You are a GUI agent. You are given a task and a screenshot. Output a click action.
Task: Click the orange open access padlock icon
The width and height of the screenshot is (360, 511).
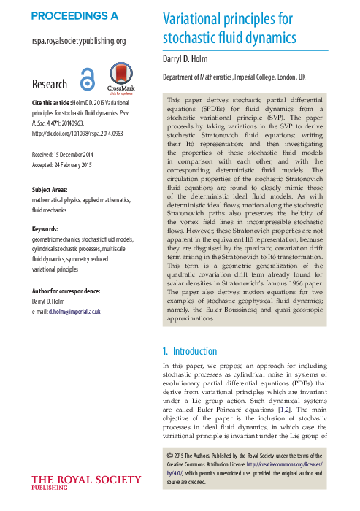click(x=88, y=81)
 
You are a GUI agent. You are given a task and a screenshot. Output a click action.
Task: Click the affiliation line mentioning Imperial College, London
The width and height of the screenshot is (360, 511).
click(x=234, y=77)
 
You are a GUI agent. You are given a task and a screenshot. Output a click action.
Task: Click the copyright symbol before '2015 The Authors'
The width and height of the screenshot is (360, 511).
click(x=170, y=458)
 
